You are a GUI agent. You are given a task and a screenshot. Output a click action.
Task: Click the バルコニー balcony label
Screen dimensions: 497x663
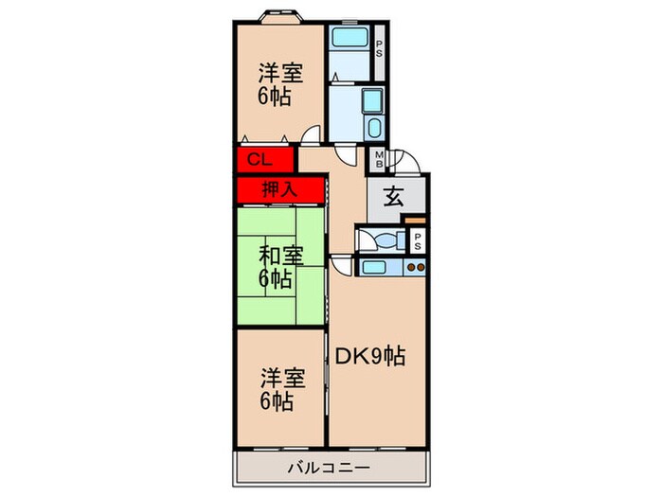click(331, 467)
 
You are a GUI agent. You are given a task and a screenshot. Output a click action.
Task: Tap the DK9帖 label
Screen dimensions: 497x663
click(370, 357)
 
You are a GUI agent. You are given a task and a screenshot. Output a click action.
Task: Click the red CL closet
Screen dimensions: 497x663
click(259, 159)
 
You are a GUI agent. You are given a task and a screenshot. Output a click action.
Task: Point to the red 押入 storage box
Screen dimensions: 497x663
click(279, 189)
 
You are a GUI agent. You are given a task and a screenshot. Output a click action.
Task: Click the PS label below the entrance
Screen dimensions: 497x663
click(418, 240)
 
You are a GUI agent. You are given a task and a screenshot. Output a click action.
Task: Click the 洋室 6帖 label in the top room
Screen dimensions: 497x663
click(277, 84)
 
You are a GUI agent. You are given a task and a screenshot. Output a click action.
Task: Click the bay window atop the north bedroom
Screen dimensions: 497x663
click(279, 16)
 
